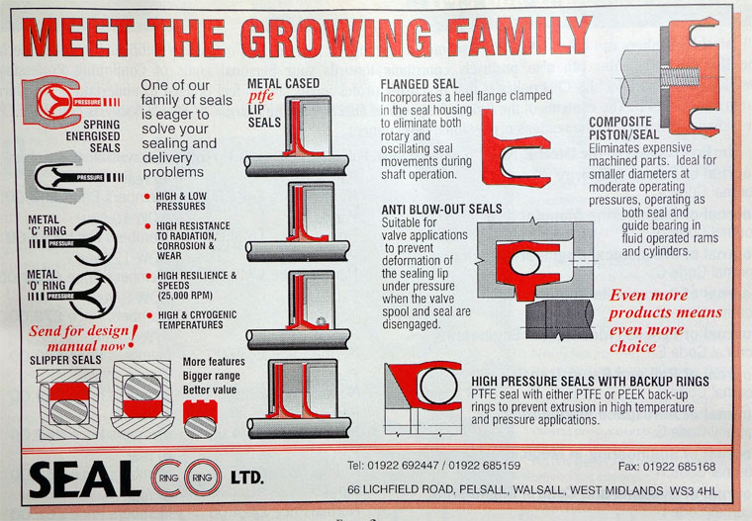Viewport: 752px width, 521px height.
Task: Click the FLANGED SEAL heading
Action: pyautogui.click(x=420, y=84)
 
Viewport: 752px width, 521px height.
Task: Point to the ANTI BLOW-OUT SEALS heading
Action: pyautogui.click(x=441, y=209)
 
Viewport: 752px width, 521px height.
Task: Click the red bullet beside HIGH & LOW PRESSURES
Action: pyautogui.click(x=147, y=197)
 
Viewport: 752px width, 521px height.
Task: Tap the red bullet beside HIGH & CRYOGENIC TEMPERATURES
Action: pyautogui.click(x=149, y=315)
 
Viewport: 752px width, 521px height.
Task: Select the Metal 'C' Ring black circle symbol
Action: pyautogui.click(x=95, y=242)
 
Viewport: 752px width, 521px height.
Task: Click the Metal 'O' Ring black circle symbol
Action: pyautogui.click(x=95, y=296)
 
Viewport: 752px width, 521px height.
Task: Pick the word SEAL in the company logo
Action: pyautogui.click(x=85, y=479)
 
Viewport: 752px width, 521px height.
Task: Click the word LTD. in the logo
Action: pyautogui.click(x=247, y=478)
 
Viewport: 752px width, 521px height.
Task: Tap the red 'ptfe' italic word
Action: pyautogui.click(x=261, y=96)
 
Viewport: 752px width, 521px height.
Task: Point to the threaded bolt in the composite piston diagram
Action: pyautogui.click(x=680, y=77)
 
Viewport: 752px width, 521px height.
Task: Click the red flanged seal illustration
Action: pyautogui.click(x=515, y=148)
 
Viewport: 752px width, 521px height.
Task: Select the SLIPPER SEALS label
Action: pyautogui.click(x=65, y=361)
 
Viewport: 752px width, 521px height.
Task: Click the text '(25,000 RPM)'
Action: pyautogui.click(x=185, y=296)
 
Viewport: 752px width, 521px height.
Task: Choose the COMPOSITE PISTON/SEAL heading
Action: pyautogui.click(x=624, y=128)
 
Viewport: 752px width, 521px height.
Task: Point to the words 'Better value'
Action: pyautogui.click(x=210, y=390)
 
